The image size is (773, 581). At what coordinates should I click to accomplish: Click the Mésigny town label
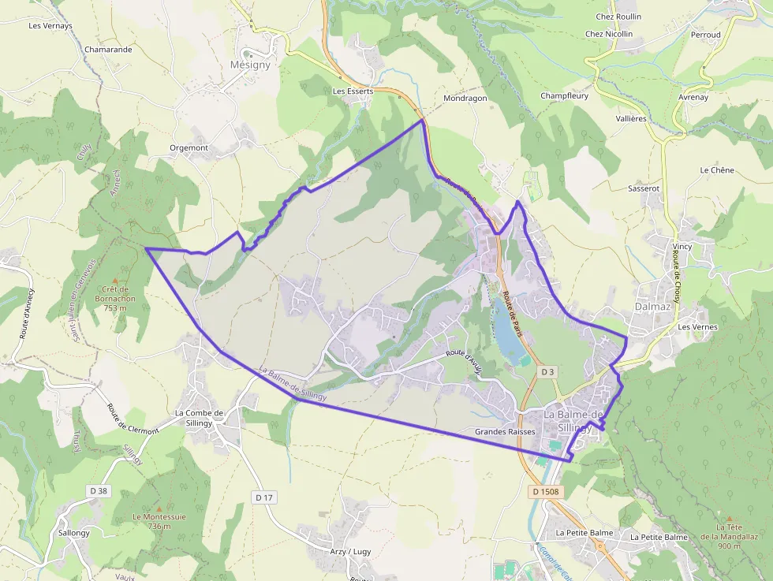click(x=250, y=65)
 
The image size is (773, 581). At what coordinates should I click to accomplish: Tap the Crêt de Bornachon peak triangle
click(x=114, y=281)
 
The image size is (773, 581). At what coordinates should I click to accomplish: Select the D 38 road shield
click(x=99, y=491)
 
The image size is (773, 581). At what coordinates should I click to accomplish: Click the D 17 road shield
click(x=264, y=497)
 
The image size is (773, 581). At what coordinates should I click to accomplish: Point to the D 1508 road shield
click(x=545, y=492)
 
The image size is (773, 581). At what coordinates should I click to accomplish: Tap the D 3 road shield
click(x=548, y=371)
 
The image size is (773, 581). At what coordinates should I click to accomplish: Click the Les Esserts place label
click(x=353, y=91)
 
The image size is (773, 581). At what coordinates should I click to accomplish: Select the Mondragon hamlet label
click(x=465, y=99)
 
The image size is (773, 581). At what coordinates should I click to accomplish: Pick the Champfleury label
click(x=564, y=96)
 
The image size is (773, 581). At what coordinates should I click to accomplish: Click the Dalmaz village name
click(x=652, y=306)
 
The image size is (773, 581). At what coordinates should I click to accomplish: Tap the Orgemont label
click(x=189, y=147)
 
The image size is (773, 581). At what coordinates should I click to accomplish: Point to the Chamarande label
click(x=108, y=49)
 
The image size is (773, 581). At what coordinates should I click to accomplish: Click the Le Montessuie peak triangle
click(x=159, y=508)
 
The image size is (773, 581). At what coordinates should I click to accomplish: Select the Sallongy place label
click(x=74, y=532)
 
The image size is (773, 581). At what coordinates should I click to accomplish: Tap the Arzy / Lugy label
click(x=350, y=552)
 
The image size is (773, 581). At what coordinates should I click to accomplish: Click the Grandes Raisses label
click(x=505, y=432)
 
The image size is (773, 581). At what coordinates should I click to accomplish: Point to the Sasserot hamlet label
click(x=644, y=189)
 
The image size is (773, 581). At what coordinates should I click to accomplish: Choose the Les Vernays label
click(x=50, y=25)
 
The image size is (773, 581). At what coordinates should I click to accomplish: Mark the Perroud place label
click(x=706, y=35)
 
